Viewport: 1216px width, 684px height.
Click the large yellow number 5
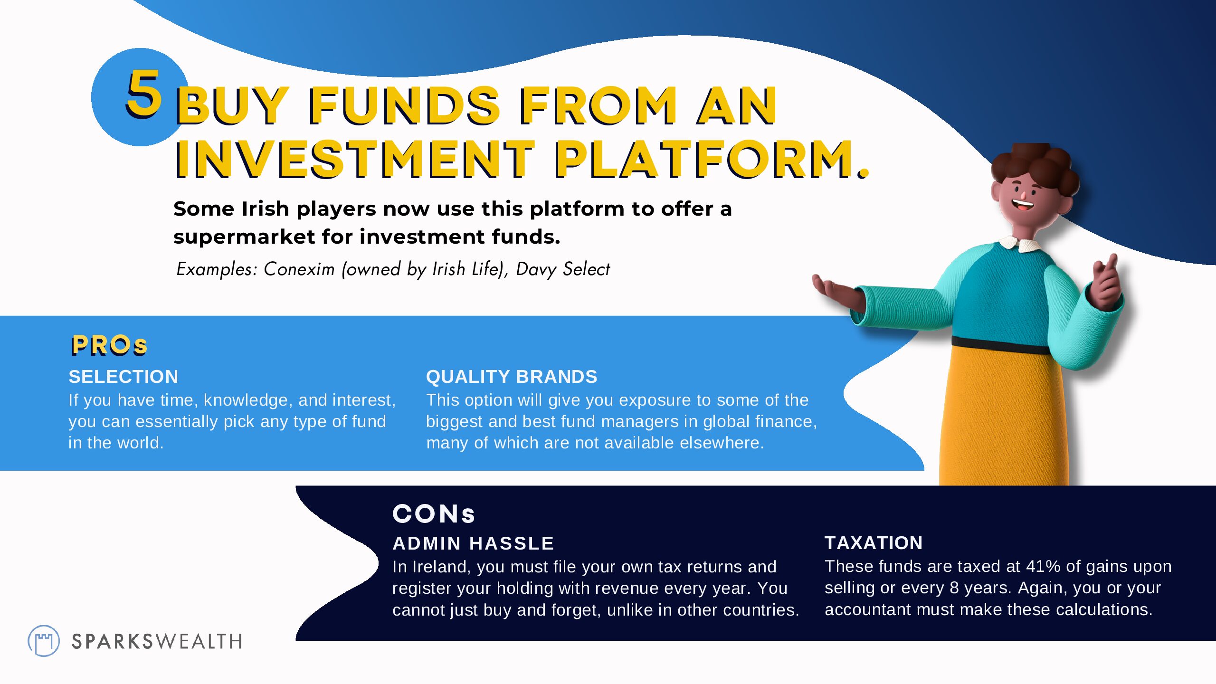coord(144,93)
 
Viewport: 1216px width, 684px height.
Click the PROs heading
coord(109,345)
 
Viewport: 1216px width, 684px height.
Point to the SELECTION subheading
coord(123,377)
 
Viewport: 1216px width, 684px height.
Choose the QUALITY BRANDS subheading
coord(512,377)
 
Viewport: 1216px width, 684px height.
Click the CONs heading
coord(434,514)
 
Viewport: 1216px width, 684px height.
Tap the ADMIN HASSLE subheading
coord(474,543)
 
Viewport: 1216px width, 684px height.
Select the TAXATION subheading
coord(874,543)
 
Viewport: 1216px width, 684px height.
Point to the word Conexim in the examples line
coord(299,269)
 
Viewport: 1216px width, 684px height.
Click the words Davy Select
coord(563,269)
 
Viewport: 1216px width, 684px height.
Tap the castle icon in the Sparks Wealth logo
coord(44,641)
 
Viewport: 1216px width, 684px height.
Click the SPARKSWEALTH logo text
coord(157,642)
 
